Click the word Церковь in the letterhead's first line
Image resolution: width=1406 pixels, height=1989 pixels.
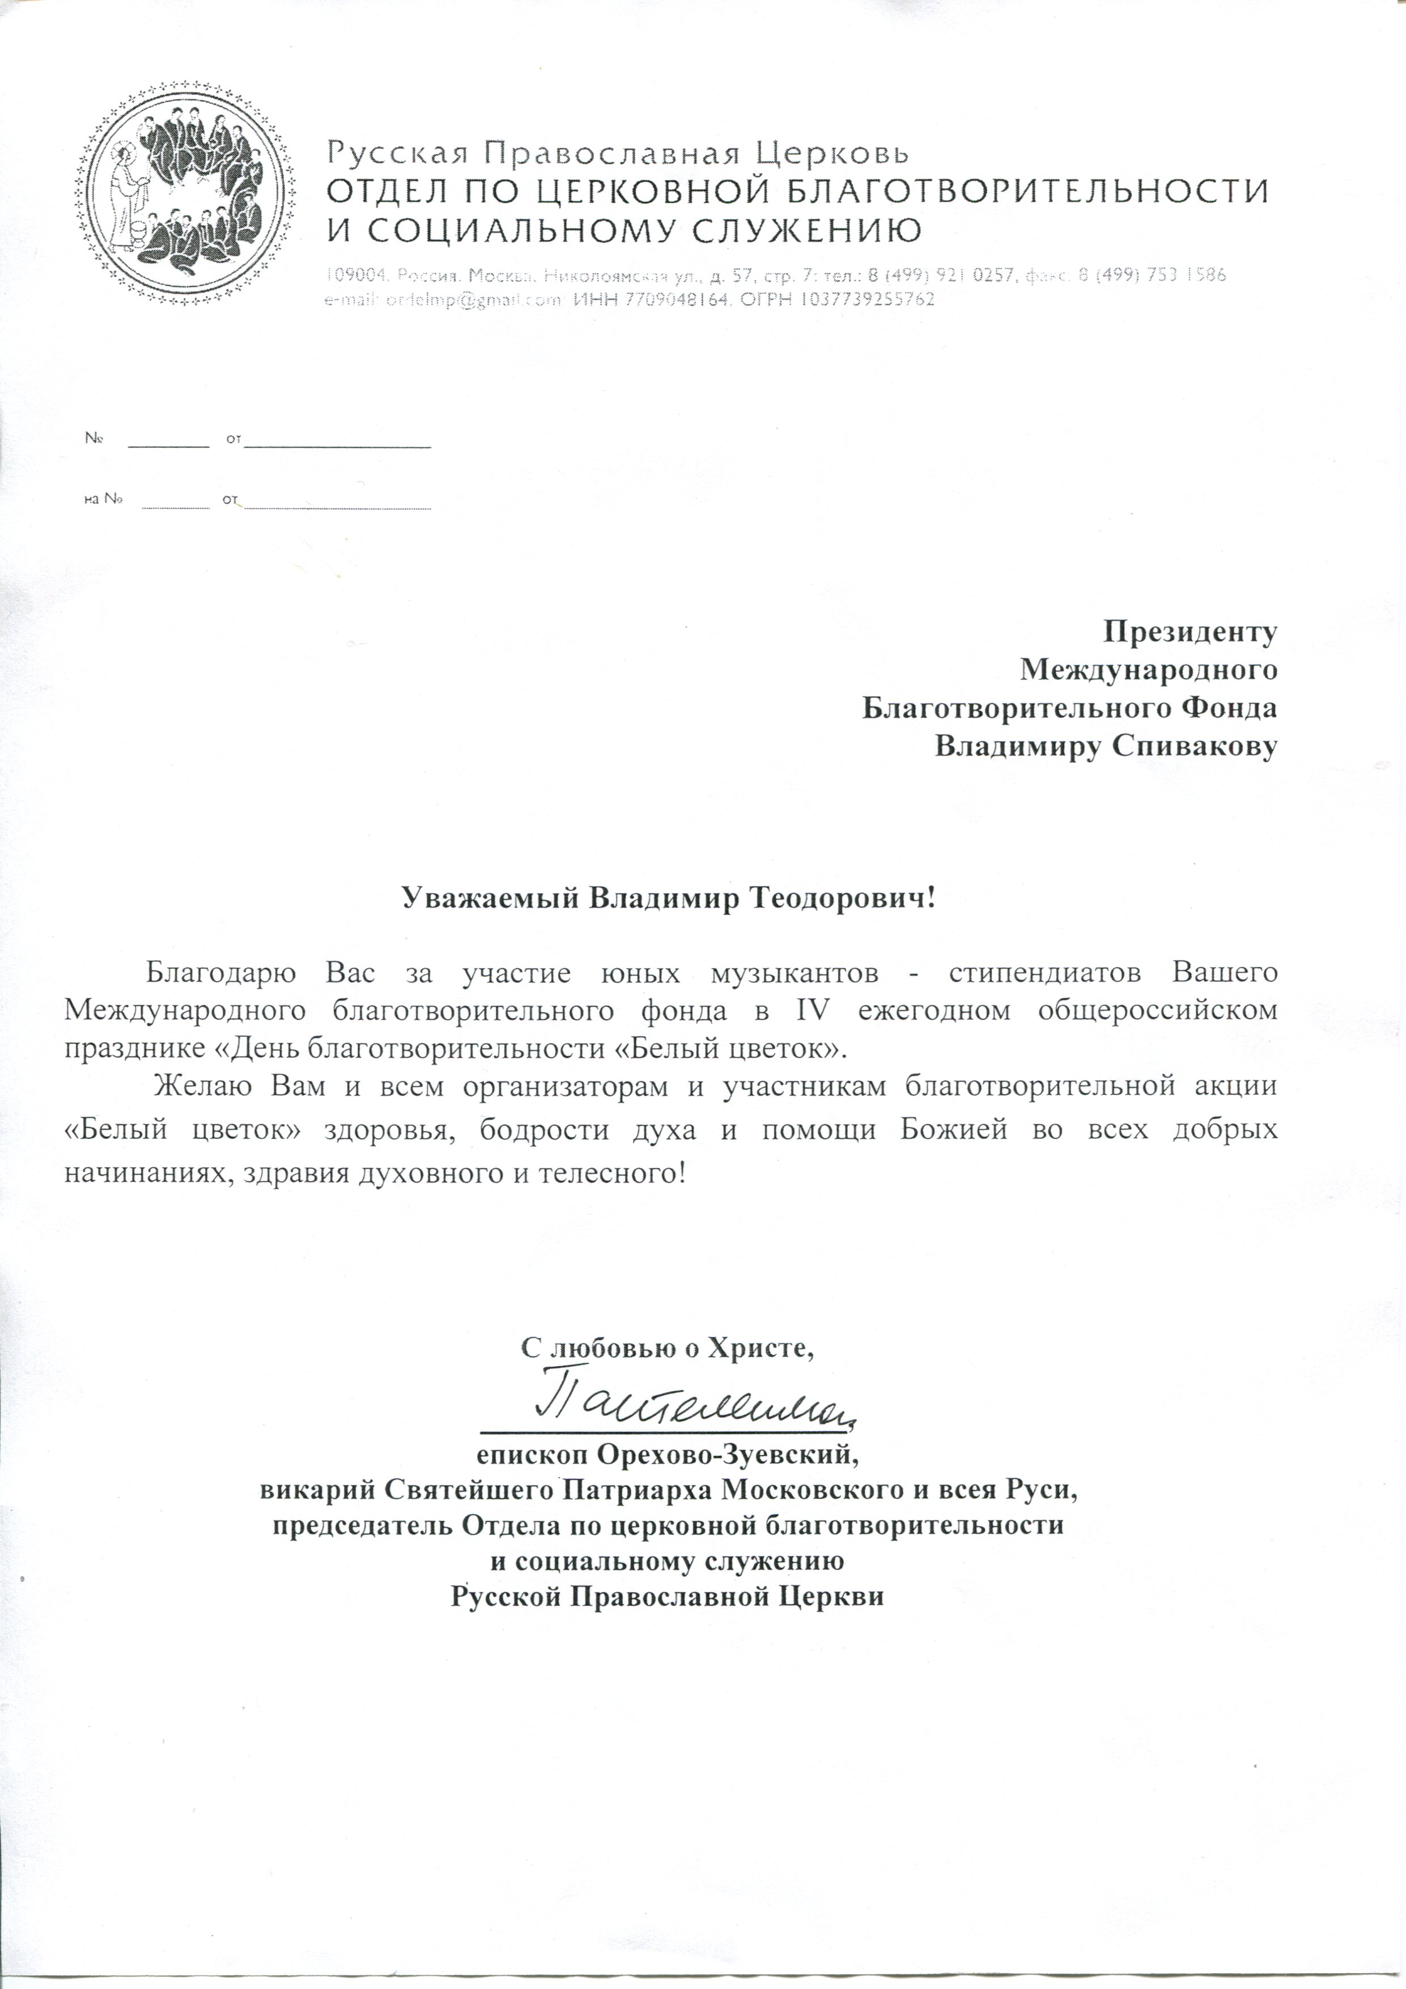click(832, 154)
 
